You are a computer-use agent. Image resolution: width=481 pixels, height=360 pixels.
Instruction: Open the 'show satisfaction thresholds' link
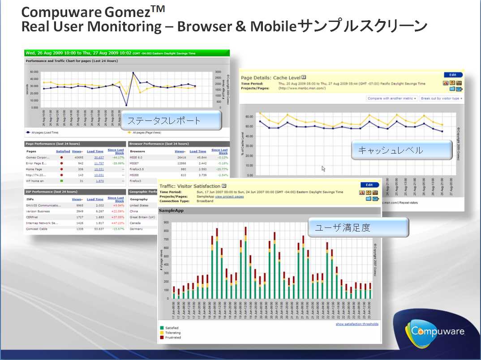(357, 324)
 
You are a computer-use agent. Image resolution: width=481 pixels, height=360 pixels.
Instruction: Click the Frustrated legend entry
(173, 338)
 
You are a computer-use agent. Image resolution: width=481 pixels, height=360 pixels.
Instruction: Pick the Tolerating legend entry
(173, 333)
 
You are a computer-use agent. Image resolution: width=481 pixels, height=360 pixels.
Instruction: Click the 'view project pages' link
(229, 197)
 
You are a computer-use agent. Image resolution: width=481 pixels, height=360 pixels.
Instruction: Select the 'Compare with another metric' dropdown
(392, 98)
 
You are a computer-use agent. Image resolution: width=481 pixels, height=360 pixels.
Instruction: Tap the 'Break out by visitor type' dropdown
(441, 98)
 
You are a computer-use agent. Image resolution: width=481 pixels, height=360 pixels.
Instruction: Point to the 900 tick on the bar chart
(166, 222)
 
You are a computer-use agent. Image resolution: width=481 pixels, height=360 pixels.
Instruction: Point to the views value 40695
(79, 158)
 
